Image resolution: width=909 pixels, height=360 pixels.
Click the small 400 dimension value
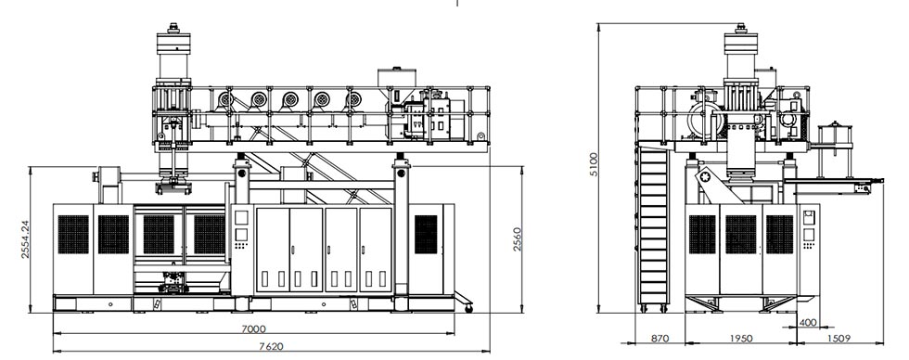tap(808, 323)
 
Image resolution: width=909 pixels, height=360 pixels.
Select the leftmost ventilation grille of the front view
tap(73, 235)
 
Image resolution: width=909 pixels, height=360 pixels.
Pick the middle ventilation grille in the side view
tap(741, 235)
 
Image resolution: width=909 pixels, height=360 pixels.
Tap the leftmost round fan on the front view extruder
tap(225, 98)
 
